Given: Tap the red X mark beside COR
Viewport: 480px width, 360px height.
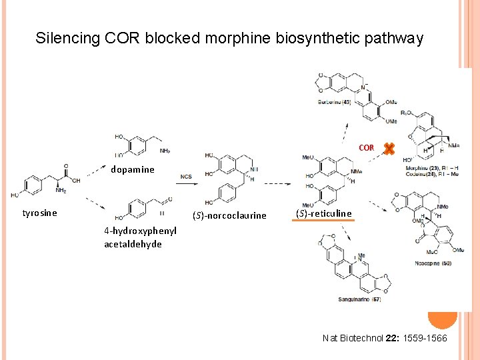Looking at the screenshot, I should [x=389, y=149].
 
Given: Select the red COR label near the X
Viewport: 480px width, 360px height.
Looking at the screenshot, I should [x=367, y=147].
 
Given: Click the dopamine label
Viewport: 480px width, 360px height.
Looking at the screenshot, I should [x=133, y=169].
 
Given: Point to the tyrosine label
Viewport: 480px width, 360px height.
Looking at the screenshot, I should [x=40, y=213].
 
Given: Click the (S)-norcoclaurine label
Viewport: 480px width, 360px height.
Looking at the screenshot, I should [x=229, y=215].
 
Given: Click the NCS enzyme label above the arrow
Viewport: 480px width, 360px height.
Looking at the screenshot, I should [x=187, y=177].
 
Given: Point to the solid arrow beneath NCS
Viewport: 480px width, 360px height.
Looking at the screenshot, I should [x=187, y=185].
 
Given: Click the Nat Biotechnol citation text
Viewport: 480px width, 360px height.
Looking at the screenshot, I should [x=385, y=339].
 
